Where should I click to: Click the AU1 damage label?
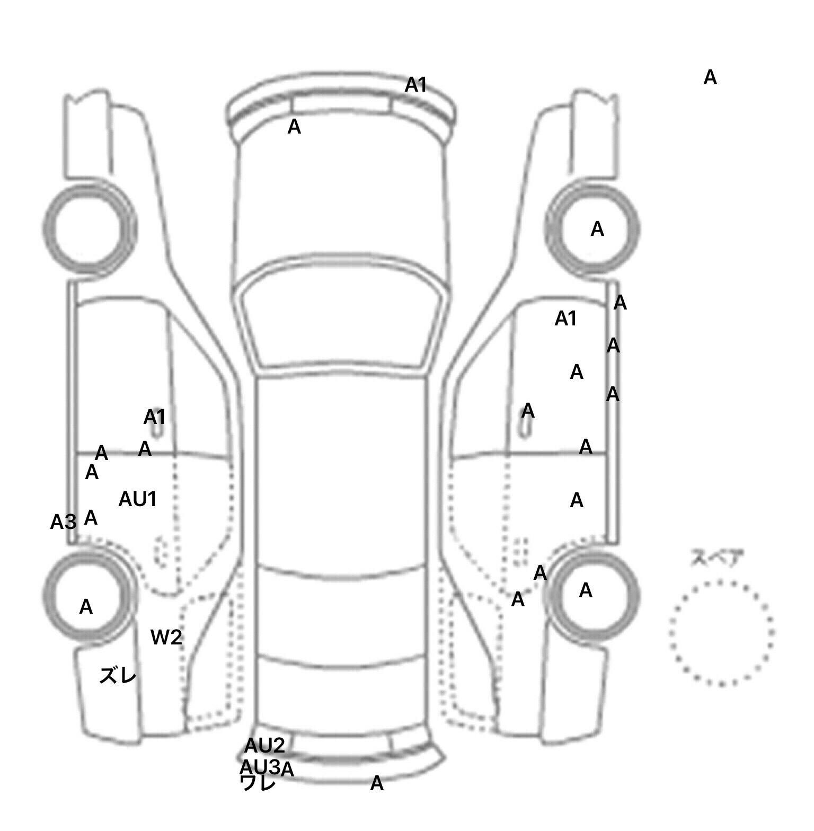point(137,499)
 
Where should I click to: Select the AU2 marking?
point(264,746)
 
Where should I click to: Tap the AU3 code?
point(259,767)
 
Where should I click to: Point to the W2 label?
point(166,637)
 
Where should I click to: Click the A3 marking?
point(63,522)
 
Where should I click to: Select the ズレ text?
point(118,676)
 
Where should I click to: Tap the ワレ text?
point(258,783)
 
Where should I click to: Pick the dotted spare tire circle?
point(721,633)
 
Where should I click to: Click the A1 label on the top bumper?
point(416,85)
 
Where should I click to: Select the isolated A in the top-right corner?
point(710,78)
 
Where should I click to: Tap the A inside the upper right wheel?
point(597,229)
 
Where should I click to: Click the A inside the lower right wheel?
point(586,590)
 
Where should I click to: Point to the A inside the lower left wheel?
point(86,607)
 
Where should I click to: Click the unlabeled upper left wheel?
point(90,229)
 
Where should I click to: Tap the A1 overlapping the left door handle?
point(154,417)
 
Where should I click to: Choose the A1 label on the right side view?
point(565,319)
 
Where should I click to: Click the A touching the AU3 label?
point(287,770)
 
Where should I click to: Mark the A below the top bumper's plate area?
point(294,127)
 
